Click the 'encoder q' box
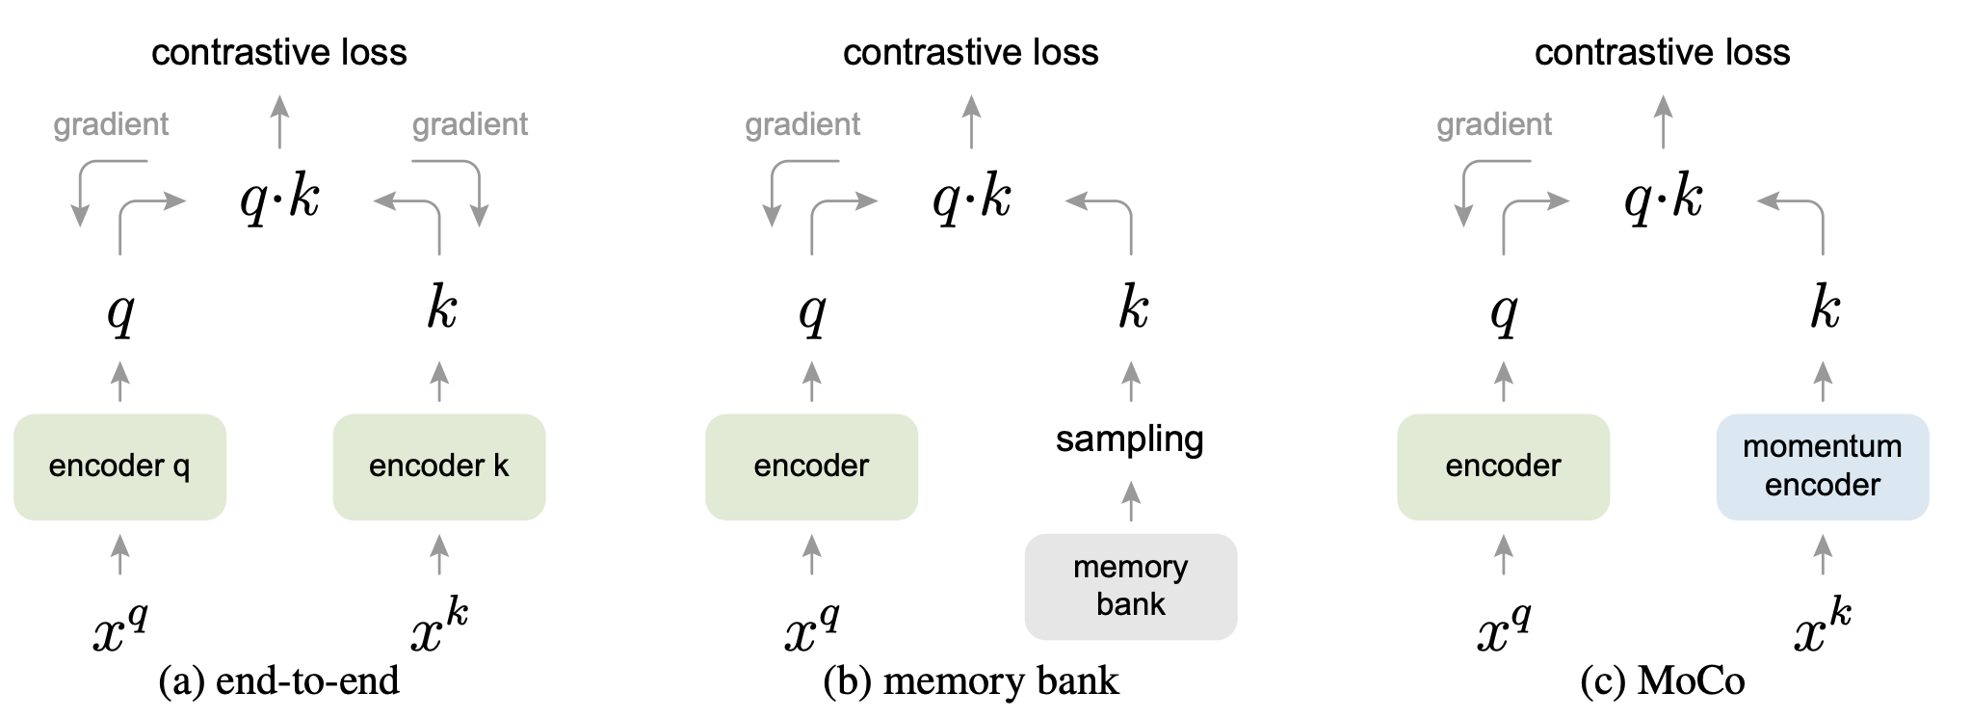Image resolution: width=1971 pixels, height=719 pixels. (119, 466)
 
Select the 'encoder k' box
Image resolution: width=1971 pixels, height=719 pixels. (439, 466)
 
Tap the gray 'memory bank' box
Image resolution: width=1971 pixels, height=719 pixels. (1131, 586)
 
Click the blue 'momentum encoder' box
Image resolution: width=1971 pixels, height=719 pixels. (1823, 466)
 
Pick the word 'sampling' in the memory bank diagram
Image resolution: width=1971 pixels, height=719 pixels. (1130, 439)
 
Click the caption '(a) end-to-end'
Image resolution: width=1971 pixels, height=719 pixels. (278, 680)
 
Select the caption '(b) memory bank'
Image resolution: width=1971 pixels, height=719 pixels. (971, 680)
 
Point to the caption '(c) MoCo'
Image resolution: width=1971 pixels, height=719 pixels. (1663, 680)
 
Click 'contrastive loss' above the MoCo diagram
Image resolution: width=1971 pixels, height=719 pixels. (1663, 52)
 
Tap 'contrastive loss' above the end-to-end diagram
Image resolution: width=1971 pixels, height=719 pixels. (279, 52)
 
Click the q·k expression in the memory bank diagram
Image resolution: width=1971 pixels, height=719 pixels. (971, 200)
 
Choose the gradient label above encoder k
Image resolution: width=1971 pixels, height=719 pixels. (470, 124)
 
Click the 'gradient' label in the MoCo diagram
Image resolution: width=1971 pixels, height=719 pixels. (1494, 124)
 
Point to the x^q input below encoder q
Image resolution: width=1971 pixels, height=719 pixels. (120, 626)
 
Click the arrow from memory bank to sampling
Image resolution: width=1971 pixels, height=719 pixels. (1131, 501)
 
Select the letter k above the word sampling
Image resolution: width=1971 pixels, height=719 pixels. (1133, 308)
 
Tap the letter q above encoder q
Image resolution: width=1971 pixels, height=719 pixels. (120, 312)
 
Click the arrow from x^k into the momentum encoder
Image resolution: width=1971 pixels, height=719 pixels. (1823, 554)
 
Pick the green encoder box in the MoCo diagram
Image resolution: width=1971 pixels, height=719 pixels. (1503, 466)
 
